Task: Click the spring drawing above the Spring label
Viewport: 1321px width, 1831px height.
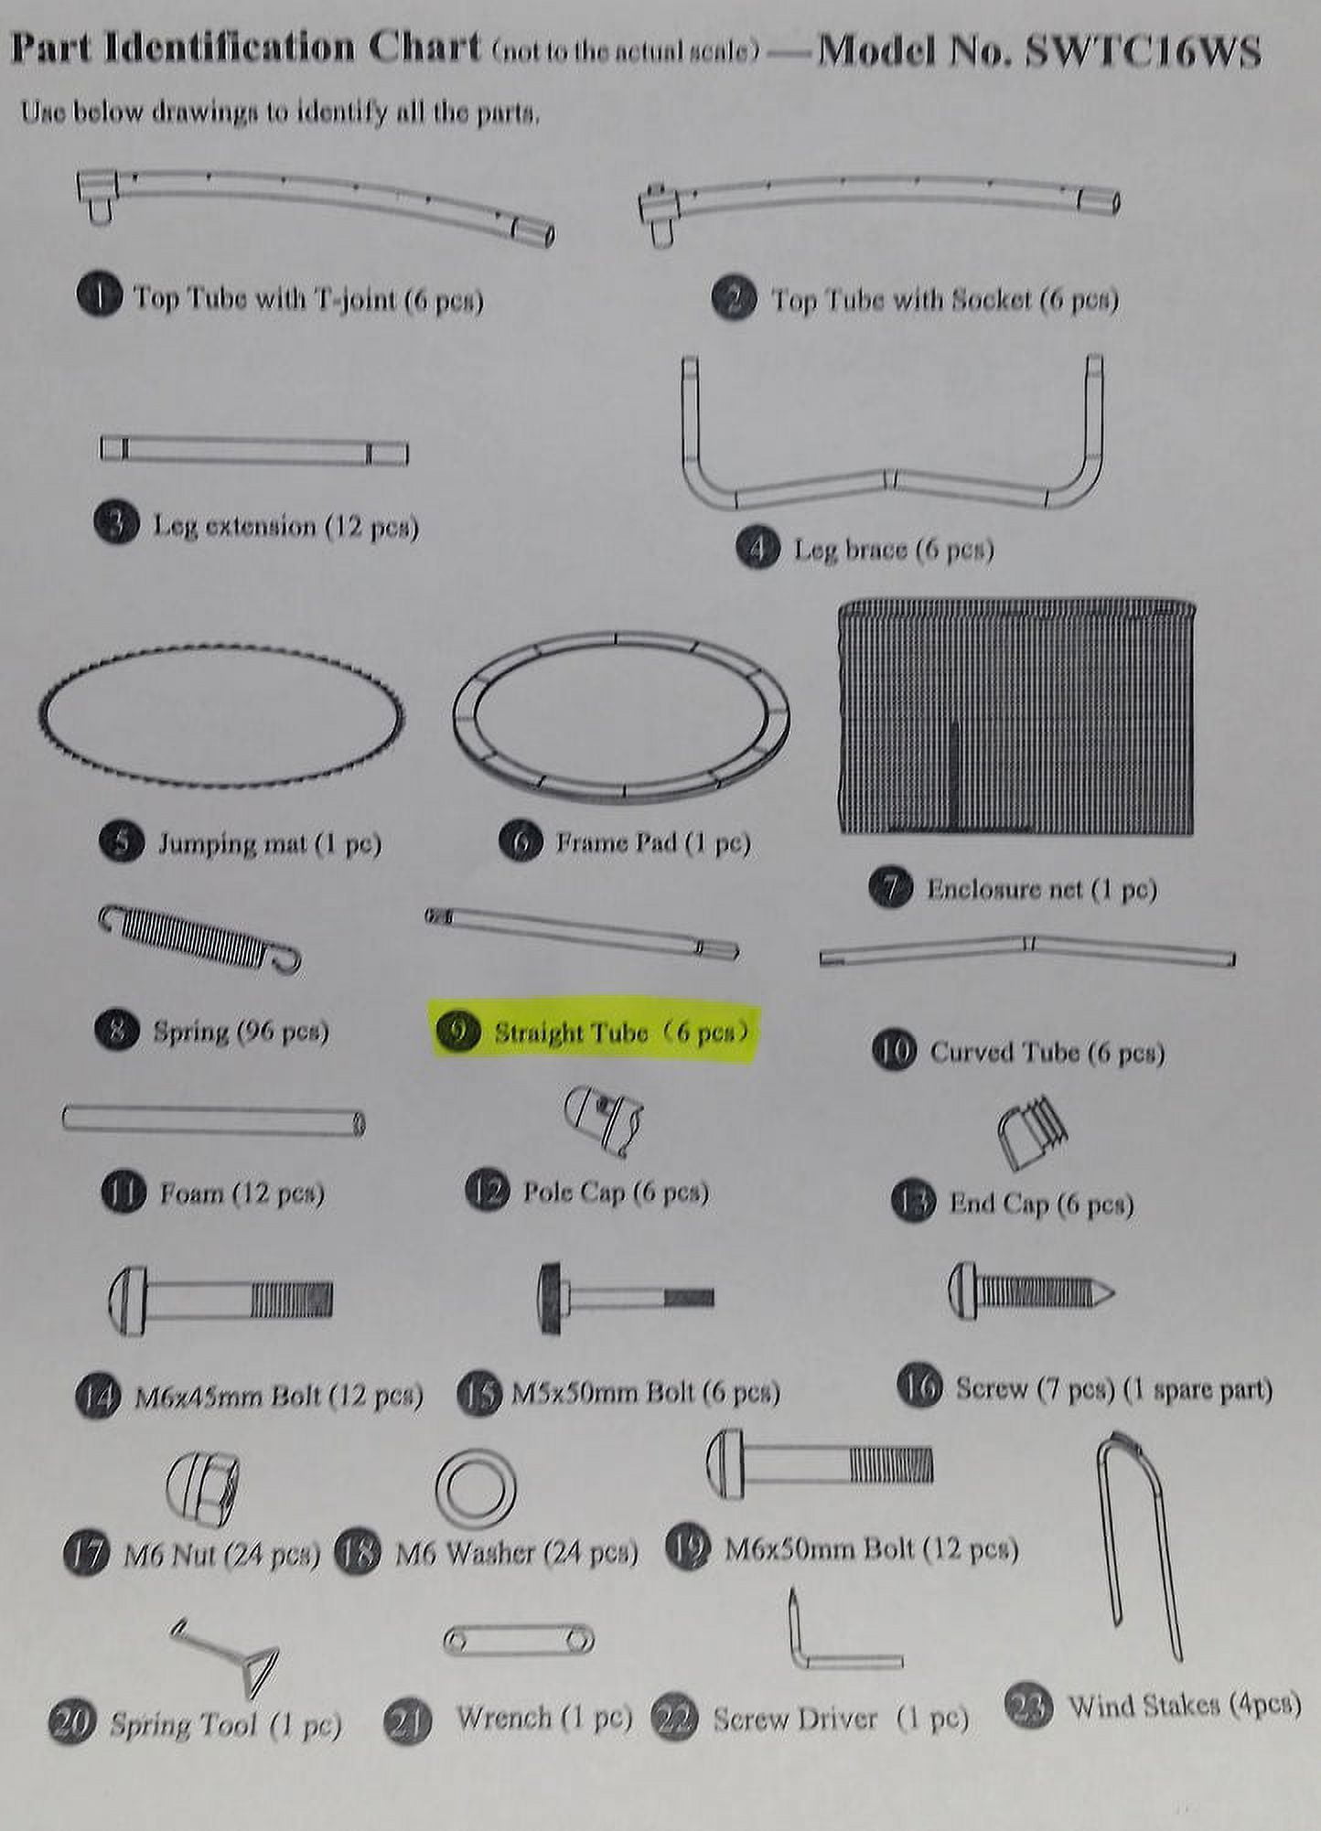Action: (x=199, y=938)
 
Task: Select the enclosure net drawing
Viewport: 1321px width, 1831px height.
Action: (x=1016, y=717)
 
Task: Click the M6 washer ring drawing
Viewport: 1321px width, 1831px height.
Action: (x=476, y=1486)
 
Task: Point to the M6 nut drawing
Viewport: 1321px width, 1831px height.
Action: (x=202, y=1487)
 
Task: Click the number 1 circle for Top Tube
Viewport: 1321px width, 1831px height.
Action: (x=99, y=297)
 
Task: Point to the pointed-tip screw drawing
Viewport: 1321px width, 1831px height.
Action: (x=1030, y=1291)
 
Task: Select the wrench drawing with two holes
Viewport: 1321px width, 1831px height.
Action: (x=518, y=1640)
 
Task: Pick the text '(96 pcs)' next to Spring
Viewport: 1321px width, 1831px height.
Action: (x=283, y=1032)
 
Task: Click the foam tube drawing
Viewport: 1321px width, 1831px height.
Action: (x=214, y=1120)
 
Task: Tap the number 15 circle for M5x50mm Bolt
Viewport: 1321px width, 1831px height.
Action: (x=478, y=1394)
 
